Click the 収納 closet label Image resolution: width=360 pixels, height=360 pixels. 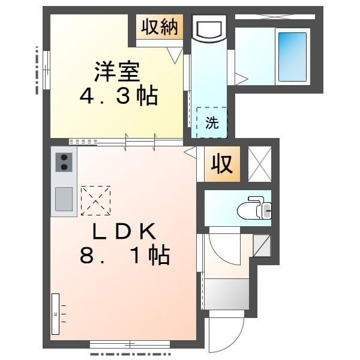pos(160,27)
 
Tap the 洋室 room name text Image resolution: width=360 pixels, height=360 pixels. pos(117,71)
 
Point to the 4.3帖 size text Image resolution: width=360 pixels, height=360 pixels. pos(119,95)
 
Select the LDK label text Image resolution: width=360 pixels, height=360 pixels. pos(124,231)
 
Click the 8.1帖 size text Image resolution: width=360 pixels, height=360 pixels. pos(125,256)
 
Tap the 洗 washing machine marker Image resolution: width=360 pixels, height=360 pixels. pos(212,122)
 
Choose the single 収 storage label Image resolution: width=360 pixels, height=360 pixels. pos(222,164)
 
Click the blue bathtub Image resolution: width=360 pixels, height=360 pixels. pos(293,56)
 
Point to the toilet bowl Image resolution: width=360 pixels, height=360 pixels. pos(254,208)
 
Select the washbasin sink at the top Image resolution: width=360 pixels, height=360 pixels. pos(209,28)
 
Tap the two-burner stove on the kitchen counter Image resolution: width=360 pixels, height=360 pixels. pos(64,163)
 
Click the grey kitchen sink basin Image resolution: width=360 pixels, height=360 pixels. pos(64,199)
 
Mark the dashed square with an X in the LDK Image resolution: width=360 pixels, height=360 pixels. pos(95,200)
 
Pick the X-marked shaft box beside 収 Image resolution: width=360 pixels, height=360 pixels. pos(260,164)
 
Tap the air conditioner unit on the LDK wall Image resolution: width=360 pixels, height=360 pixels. pos(56,314)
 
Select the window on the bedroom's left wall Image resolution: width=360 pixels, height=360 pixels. pos(47,70)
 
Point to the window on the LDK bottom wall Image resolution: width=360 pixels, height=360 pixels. pos(130,344)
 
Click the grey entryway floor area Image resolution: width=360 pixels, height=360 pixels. pos(227,294)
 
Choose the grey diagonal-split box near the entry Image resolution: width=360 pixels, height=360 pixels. pos(262,245)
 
